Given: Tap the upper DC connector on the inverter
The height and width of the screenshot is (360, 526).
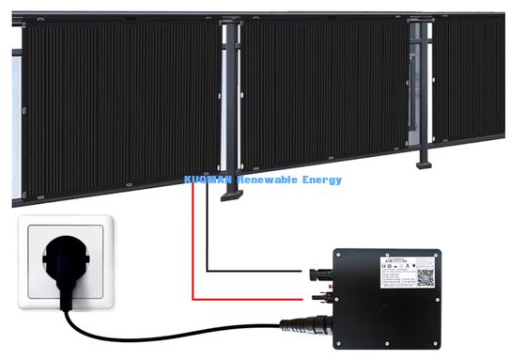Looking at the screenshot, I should [314, 274].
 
